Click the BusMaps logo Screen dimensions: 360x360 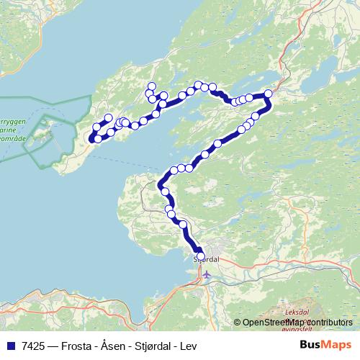pos(326,345)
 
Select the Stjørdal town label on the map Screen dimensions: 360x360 pos(206,258)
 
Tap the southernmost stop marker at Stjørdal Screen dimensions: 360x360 pos(200,254)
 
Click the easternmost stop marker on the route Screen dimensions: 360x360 pos(269,94)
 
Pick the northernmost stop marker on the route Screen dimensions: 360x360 pos(152,86)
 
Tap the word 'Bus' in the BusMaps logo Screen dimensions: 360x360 pos(314,345)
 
